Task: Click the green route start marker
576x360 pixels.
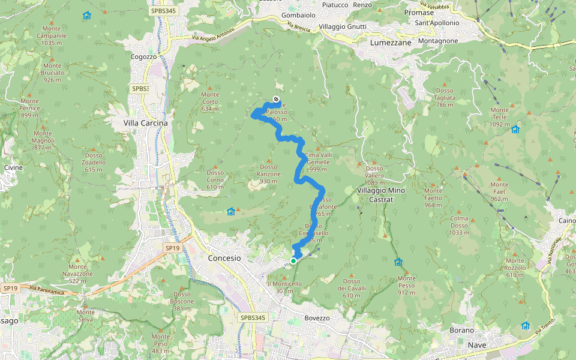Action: pyautogui.click(x=293, y=260)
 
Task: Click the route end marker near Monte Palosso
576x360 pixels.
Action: pyautogui.click(x=276, y=99)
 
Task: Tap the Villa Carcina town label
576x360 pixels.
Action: pyautogui.click(x=145, y=123)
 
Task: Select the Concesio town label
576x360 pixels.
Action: pyautogui.click(x=224, y=258)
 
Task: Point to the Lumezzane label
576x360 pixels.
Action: pyautogui.click(x=391, y=43)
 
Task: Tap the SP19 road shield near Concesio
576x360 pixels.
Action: pyautogui.click(x=173, y=247)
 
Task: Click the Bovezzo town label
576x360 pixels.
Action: pyautogui.click(x=317, y=318)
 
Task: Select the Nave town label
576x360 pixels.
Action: pyautogui.click(x=477, y=345)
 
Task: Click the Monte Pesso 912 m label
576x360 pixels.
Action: pyautogui.click(x=406, y=286)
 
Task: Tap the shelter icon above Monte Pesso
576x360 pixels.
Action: pyautogui.click(x=398, y=262)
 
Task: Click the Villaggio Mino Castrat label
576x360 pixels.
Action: pyautogui.click(x=381, y=194)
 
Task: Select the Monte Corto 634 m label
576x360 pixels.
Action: pyautogui.click(x=211, y=101)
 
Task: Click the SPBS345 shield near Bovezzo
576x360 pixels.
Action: pyautogui.click(x=252, y=317)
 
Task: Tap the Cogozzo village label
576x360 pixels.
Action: pyautogui.click(x=143, y=57)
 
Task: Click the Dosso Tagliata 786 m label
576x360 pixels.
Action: pyautogui.click(x=444, y=98)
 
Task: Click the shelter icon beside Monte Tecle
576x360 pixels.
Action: pyautogui.click(x=515, y=129)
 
